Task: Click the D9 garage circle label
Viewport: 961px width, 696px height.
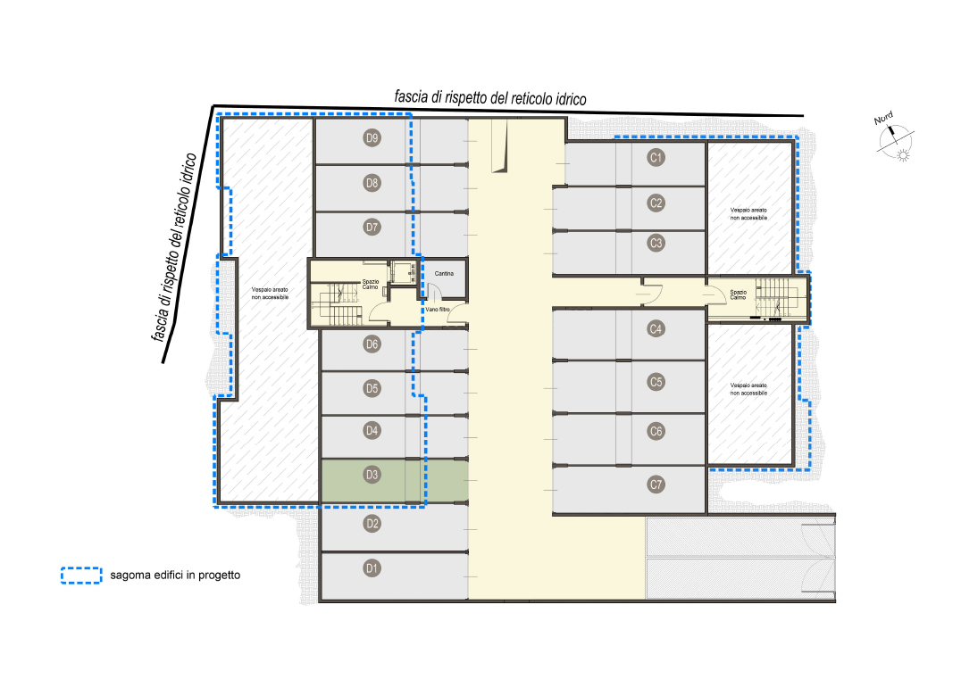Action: pos(372,137)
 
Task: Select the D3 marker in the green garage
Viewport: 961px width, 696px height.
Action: pos(372,475)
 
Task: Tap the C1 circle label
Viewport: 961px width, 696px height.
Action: pos(656,158)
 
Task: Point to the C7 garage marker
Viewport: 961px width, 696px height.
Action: pos(656,485)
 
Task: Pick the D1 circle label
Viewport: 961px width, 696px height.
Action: pos(372,568)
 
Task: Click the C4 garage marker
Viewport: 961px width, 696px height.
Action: pos(656,329)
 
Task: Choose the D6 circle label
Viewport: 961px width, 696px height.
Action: pos(372,344)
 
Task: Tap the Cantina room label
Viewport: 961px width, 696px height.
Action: pos(445,274)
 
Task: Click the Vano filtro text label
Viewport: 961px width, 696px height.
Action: pos(438,310)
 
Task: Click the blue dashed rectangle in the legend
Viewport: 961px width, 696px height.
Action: pos(81,576)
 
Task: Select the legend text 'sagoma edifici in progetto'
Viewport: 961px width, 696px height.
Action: pos(175,576)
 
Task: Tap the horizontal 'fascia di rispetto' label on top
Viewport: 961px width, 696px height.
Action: pos(490,98)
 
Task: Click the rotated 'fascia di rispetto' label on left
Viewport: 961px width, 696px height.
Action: pos(175,247)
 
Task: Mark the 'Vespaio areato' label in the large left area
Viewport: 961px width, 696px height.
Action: pos(270,294)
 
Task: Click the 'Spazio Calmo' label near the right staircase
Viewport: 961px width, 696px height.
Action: pos(738,295)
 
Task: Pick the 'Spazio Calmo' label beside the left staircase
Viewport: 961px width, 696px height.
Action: pos(370,285)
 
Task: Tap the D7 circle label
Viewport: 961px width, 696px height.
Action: pos(372,228)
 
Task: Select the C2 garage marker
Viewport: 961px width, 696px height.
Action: pos(656,203)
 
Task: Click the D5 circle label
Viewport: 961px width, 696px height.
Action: pos(372,389)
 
